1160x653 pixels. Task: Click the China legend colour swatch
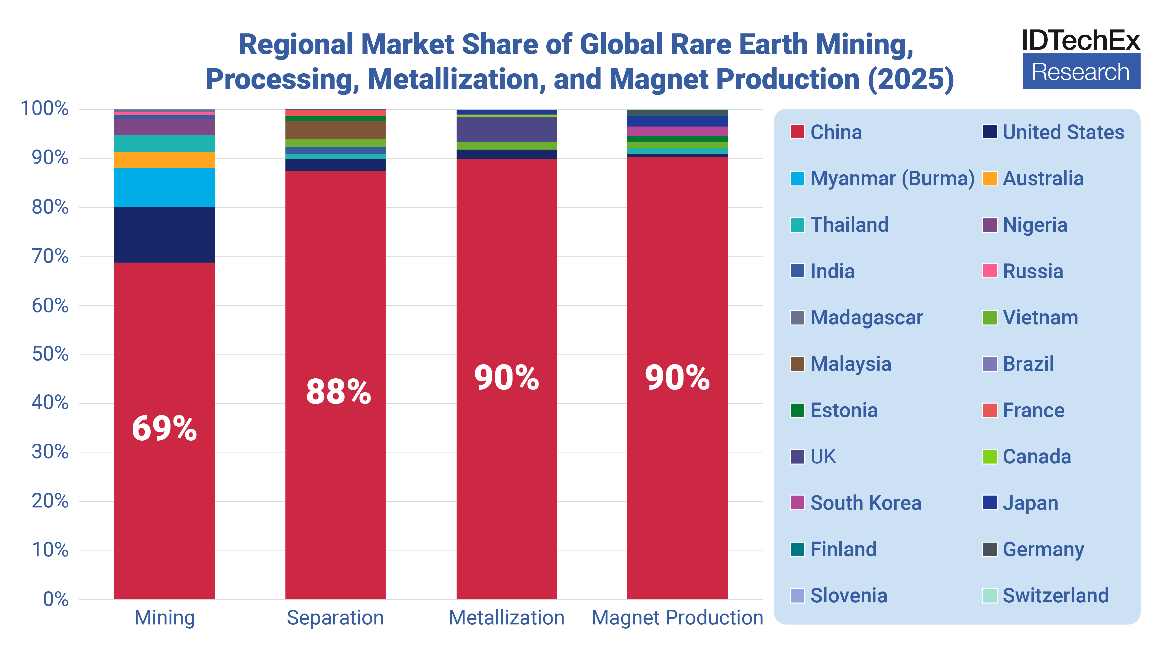(797, 132)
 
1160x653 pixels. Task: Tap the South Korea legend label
(866, 503)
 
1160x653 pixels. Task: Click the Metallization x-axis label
(507, 617)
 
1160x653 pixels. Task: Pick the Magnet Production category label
(677, 617)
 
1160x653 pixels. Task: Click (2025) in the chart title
(911, 79)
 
